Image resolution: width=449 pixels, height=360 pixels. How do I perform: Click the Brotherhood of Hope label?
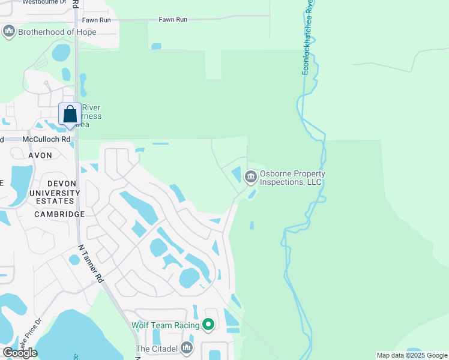tap(58, 31)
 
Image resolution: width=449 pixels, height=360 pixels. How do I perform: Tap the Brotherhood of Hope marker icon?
tap(9, 31)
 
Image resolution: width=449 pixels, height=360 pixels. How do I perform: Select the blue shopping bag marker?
tap(70, 115)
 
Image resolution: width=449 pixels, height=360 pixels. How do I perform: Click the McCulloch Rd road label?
tap(46, 139)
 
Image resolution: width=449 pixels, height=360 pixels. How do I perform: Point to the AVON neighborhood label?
tap(40, 155)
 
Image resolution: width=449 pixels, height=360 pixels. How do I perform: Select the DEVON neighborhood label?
tap(61, 184)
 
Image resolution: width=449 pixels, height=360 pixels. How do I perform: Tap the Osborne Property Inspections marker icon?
tap(250, 176)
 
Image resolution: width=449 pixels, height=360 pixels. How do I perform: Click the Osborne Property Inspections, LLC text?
tap(292, 178)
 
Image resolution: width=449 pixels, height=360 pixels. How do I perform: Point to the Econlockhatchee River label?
tap(307, 37)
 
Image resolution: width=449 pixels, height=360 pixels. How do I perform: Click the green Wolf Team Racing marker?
tap(208, 325)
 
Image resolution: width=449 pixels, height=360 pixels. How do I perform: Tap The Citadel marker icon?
tap(187, 347)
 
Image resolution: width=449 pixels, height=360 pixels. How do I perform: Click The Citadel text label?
tap(157, 349)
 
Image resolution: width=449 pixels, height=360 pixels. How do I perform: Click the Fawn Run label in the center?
tap(173, 20)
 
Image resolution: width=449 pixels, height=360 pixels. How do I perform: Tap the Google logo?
tap(20, 352)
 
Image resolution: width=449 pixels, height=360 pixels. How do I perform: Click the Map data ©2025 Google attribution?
tap(412, 355)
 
